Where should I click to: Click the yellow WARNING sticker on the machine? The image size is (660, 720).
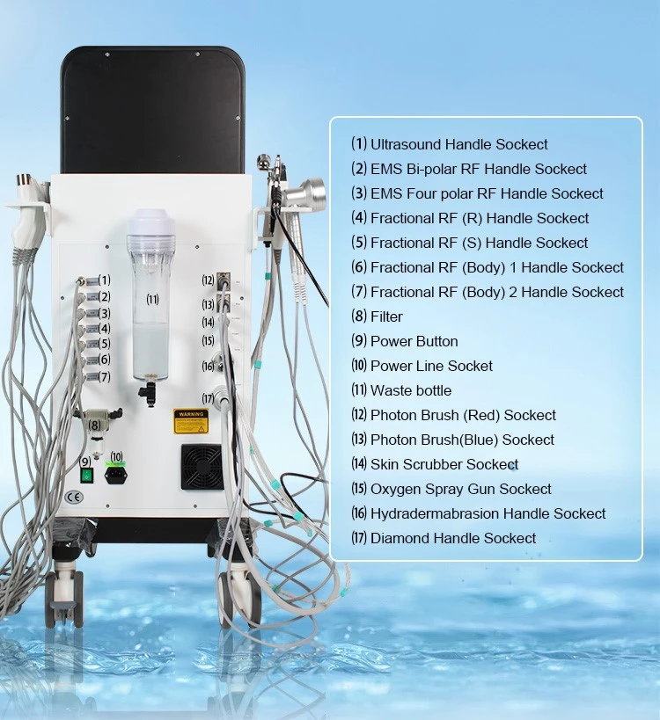[x=191, y=421]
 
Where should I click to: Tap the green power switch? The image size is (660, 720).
[x=86, y=476]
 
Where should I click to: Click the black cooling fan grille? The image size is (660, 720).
[x=202, y=467]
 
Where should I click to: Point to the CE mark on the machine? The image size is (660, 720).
[x=74, y=498]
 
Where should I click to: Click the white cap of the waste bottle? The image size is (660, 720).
[x=151, y=222]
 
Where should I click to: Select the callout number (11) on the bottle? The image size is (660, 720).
[x=152, y=300]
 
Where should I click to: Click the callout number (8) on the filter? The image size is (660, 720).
[x=95, y=425]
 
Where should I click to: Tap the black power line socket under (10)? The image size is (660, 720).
[x=116, y=476]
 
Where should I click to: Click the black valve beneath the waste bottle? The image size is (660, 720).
[x=148, y=394]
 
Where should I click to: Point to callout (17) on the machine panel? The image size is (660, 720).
[x=209, y=398]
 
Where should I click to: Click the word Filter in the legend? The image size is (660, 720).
[x=386, y=316]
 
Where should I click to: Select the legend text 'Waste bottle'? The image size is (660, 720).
[x=411, y=390]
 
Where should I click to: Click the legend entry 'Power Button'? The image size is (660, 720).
[x=414, y=342]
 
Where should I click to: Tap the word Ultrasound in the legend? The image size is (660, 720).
[x=406, y=145]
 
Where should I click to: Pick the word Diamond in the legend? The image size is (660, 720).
[x=400, y=538]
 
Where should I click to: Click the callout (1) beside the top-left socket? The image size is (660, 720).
[x=105, y=280]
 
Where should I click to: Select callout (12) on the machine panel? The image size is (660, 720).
[x=209, y=280]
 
